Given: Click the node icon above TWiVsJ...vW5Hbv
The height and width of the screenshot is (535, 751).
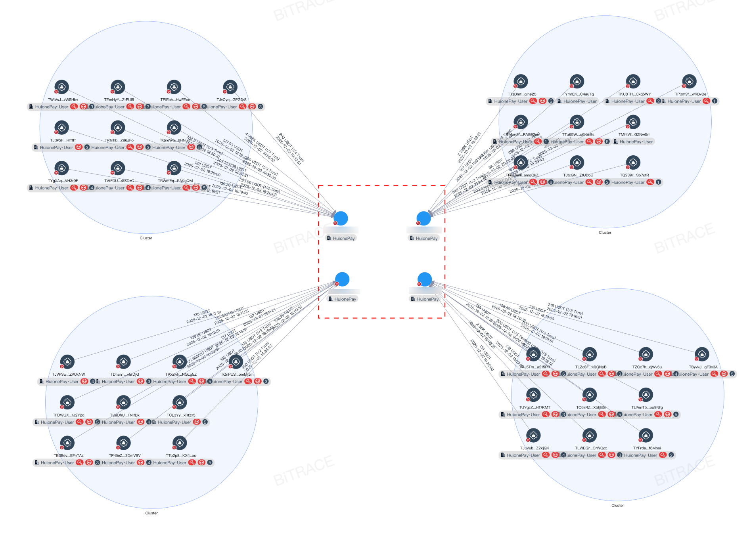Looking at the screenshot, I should pos(61,86).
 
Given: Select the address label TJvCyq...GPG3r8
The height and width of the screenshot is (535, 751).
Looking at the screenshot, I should pos(231,100).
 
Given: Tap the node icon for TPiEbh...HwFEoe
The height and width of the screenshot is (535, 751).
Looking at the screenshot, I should pos(174,86).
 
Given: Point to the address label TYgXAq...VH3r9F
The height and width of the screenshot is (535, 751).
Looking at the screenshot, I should pos(63,181).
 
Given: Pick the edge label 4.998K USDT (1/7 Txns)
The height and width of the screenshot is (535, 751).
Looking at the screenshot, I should pos(262,146).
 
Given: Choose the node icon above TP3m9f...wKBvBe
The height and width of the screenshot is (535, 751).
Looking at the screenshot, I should pos(689,81).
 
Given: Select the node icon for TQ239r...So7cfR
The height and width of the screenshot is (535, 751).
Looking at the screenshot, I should pos(633,162).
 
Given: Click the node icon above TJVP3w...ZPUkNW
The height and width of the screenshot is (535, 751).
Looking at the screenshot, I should pos(67,361).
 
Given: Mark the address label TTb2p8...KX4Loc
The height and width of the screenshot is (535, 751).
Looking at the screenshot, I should pos(181,456).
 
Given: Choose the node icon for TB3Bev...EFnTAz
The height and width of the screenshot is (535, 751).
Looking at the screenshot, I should pos(67,443).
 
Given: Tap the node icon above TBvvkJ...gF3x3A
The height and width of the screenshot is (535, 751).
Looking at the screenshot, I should pos(702,354).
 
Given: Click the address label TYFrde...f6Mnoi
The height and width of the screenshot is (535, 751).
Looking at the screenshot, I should pos(647,448).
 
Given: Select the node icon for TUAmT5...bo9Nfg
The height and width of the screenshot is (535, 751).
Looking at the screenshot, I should pos(646,394).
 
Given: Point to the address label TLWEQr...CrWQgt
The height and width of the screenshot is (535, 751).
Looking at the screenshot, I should pos(591,448).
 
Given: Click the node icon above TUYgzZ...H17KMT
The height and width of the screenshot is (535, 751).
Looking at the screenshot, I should pos(533,394).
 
